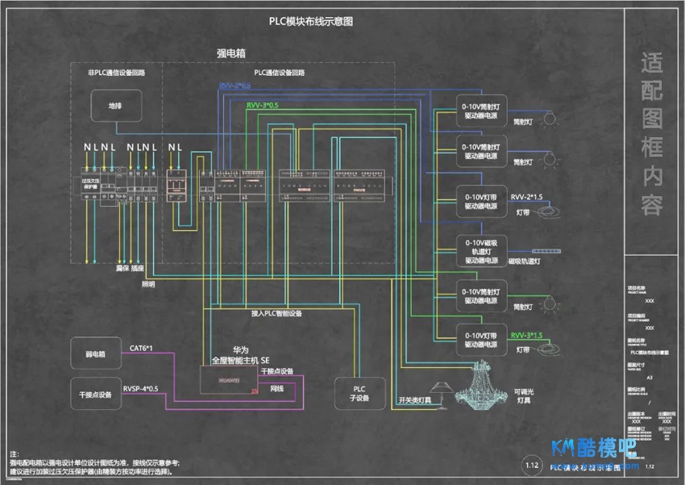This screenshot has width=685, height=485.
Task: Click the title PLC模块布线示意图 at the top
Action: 311,23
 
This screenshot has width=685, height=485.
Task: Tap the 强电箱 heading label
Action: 231,52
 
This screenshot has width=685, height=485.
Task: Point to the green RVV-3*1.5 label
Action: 526,335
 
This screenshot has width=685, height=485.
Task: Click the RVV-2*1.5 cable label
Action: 527,196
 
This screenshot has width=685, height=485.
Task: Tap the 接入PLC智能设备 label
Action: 276,312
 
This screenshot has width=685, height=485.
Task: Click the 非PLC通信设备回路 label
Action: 117,73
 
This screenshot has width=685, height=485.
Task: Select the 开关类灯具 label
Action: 415,399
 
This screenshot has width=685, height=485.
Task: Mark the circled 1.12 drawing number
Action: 531,466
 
